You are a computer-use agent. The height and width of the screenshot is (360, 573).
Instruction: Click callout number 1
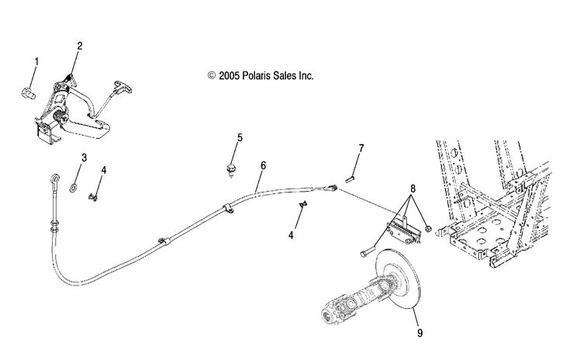tap(36, 61)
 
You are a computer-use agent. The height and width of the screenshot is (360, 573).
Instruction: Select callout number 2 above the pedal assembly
tap(80, 46)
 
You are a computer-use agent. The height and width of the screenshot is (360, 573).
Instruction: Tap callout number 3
tap(84, 158)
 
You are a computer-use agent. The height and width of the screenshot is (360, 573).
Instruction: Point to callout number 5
tap(240, 138)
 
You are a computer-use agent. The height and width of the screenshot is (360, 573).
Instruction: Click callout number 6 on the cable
tap(263, 165)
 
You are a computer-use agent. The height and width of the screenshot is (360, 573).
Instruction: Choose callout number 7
tap(361, 148)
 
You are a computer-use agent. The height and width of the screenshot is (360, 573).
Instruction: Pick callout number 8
tap(413, 189)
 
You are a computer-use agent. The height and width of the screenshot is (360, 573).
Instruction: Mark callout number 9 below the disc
tap(420, 333)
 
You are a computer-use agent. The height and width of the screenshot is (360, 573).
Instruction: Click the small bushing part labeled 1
tap(29, 93)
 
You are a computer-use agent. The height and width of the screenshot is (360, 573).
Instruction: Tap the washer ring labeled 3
tap(73, 189)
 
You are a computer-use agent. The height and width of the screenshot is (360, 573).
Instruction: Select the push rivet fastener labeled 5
tap(230, 171)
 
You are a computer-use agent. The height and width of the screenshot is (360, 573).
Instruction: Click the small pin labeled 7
tap(350, 179)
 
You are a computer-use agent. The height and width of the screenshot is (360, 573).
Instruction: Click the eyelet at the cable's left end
tap(55, 178)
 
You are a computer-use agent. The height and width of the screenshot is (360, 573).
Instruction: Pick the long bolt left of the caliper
tap(368, 252)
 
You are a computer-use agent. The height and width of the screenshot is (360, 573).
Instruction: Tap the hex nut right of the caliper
tap(428, 229)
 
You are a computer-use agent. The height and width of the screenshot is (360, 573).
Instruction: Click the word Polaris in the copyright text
tap(254, 76)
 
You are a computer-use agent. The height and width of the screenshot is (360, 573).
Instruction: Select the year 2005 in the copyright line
tap(229, 76)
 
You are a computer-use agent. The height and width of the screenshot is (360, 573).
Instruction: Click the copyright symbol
tap(212, 75)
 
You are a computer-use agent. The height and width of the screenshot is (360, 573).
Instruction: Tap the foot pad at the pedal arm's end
tap(123, 86)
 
